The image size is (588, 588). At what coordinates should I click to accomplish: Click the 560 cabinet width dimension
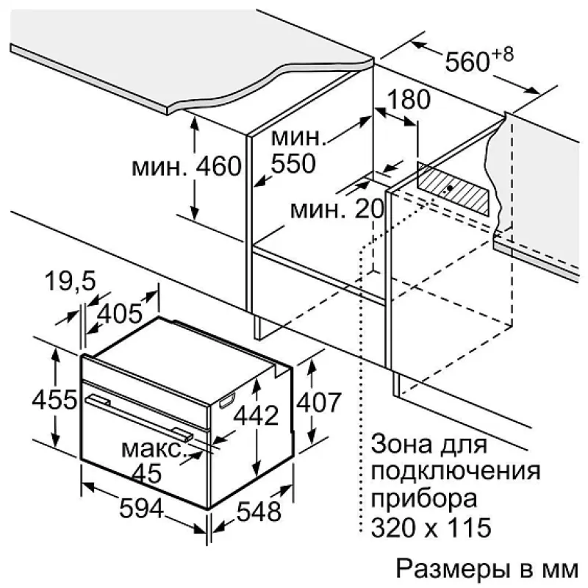coord(467,62)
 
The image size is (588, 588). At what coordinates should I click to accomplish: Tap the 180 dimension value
coord(409,100)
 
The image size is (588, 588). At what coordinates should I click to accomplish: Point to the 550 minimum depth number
coord(293,163)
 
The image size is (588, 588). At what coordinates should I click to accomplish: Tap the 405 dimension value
coord(120,314)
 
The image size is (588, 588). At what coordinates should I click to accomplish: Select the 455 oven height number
coord(54,400)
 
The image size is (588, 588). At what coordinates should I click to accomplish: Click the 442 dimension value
coord(256,415)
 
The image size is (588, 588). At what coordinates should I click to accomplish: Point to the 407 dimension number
coord(319,403)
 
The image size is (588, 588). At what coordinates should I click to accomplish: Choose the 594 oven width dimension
coord(141,509)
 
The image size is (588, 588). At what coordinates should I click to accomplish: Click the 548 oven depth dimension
coord(259,512)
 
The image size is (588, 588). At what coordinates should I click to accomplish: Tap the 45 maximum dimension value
coord(147,473)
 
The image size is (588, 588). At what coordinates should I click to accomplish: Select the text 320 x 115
coord(431,527)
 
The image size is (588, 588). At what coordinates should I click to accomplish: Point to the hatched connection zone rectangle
coord(453,190)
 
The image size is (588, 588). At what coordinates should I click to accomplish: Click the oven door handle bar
coord(140,417)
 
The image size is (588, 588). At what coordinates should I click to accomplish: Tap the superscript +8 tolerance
coord(503,54)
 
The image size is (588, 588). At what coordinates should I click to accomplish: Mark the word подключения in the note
coord(456,472)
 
